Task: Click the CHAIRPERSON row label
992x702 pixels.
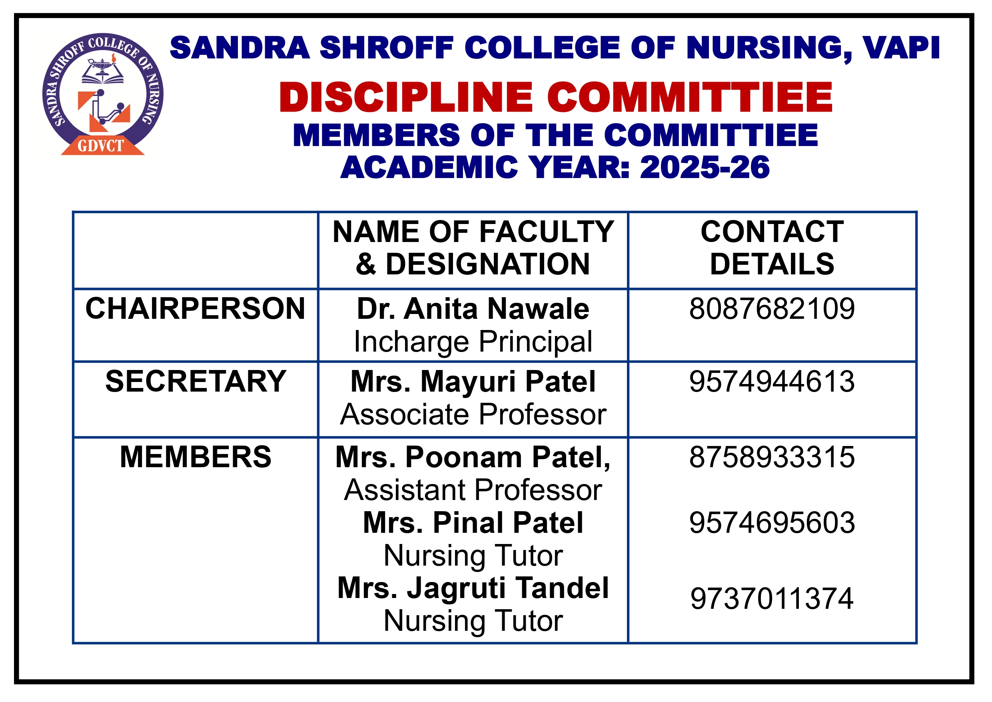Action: coord(195,309)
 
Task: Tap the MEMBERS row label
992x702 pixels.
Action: coord(195,457)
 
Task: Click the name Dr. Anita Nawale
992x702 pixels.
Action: coord(473,309)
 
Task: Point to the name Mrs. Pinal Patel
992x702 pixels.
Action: coord(473,523)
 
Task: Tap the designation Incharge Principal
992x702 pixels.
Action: coord(473,342)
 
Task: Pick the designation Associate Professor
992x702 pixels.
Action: coord(473,414)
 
